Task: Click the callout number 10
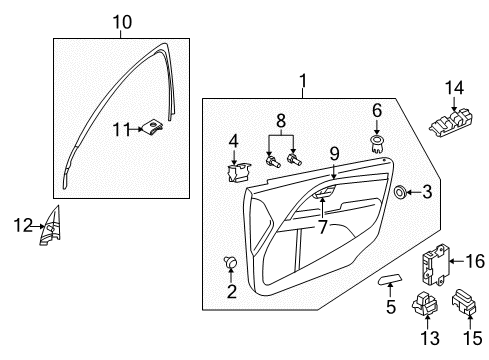pyautogui.click(x=122, y=22)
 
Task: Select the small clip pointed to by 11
pyautogui.click(x=153, y=127)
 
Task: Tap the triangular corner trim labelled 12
pyautogui.click(x=51, y=226)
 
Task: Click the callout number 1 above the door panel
pyautogui.click(x=303, y=81)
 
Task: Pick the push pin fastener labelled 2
pyautogui.click(x=230, y=262)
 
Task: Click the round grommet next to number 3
pyautogui.click(x=399, y=192)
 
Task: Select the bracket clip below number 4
pyautogui.click(x=238, y=172)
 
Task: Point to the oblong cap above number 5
pyautogui.click(x=390, y=279)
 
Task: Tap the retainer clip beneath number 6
pyautogui.click(x=377, y=144)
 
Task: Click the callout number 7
pyautogui.click(x=322, y=227)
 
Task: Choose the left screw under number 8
pyautogui.click(x=272, y=161)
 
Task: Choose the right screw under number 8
pyautogui.click(x=294, y=159)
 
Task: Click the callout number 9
pyautogui.click(x=334, y=154)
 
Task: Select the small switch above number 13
pyautogui.click(x=424, y=303)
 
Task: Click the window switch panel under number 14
pyautogui.click(x=451, y=123)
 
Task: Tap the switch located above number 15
pyautogui.click(x=464, y=302)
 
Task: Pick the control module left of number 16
pyautogui.click(x=435, y=264)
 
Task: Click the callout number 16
pyautogui.click(x=475, y=261)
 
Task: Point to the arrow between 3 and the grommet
pyautogui.click(x=413, y=192)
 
